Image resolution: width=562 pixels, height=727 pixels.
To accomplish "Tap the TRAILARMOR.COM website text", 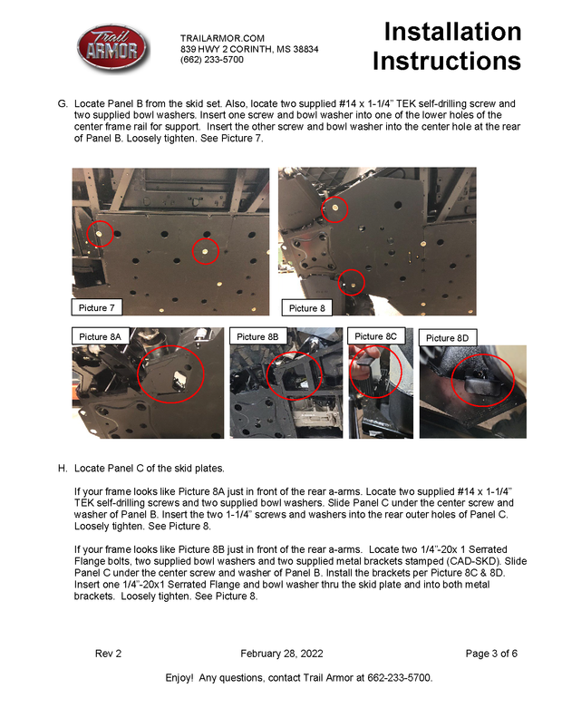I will click(x=222, y=37).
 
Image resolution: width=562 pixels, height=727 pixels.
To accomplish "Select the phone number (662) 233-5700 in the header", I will click(x=212, y=59).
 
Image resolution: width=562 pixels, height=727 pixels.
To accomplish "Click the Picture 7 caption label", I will click(x=97, y=307).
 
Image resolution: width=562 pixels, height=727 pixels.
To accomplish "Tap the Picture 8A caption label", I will click(x=100, y=336).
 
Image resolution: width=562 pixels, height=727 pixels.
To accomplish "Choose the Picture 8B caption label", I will click(x=257, y=336).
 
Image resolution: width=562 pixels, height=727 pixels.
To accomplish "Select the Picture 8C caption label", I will click(x=374, y=336).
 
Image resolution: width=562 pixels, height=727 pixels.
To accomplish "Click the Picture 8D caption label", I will click(x=448, y=338).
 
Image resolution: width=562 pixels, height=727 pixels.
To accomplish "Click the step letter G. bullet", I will click(x=63, y=104).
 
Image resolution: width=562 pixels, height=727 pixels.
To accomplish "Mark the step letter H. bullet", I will click(x=63, y=469).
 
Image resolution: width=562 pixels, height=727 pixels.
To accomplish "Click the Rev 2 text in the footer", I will click(x=108, y=654).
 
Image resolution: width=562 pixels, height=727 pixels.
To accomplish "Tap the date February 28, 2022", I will click(x=281, y=654).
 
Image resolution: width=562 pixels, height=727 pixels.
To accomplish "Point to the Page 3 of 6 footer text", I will click(x=490, y=654).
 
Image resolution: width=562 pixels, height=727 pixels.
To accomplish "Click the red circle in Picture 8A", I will click(x=170, y=373).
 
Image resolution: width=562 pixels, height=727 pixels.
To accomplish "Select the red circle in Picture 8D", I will click(x=482, y=383).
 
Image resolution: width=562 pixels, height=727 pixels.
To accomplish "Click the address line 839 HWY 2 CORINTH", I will click(x=249, y=48).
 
